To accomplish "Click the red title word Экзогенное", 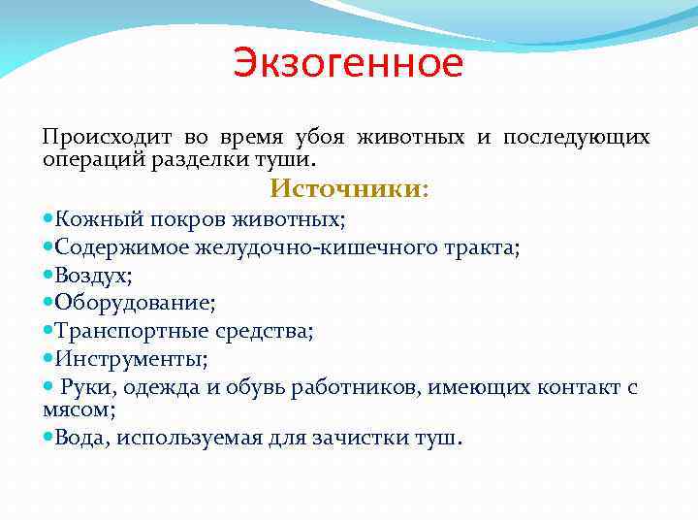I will point(348,65).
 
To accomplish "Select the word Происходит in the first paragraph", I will point(93,137).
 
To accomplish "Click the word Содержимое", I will point(123,247).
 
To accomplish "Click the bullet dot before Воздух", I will point(48,276).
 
